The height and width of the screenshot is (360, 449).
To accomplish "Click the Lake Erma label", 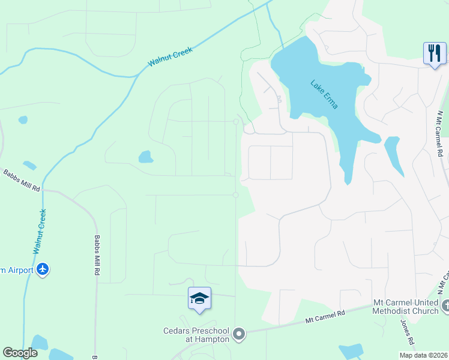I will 324,94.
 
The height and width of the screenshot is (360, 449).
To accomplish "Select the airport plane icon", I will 42,269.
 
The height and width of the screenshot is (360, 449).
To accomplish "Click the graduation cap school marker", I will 199,298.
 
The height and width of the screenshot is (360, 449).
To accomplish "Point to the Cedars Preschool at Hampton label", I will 196,334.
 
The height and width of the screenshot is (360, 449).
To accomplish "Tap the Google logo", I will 20,353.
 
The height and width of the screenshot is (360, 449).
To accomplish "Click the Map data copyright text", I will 424,355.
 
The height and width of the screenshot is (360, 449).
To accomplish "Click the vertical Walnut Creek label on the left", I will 40,230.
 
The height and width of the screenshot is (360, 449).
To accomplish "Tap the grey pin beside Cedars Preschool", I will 239,334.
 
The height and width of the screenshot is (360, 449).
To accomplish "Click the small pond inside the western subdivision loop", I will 145,157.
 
